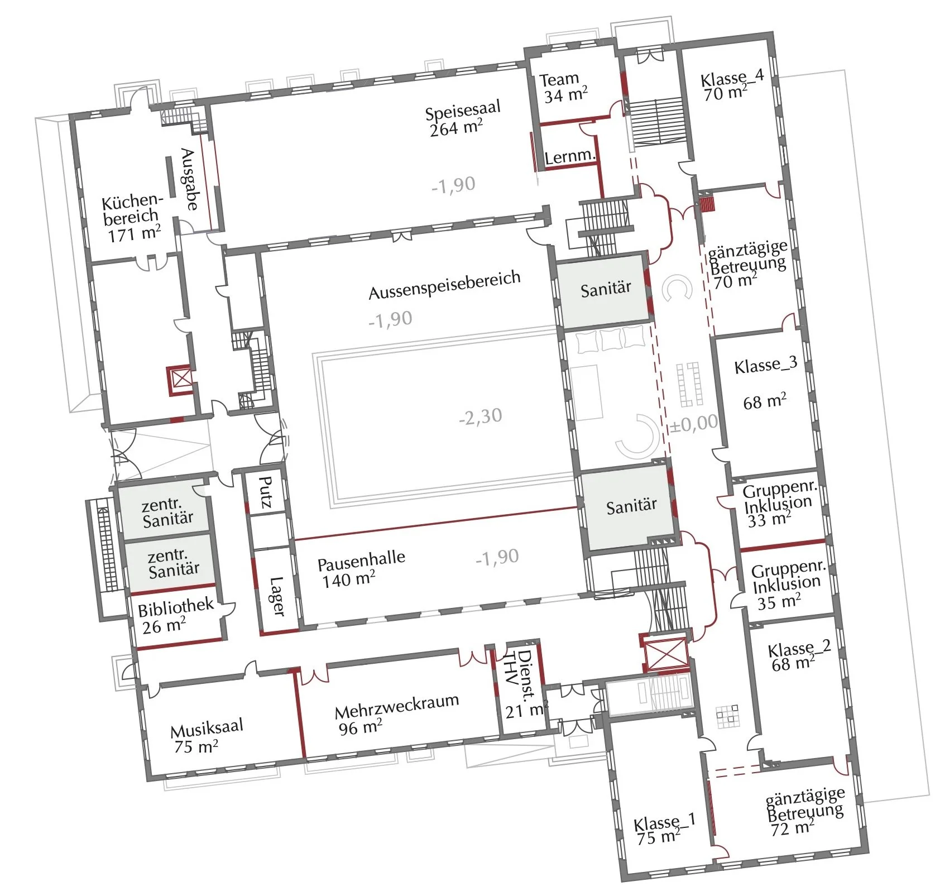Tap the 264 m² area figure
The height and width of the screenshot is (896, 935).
pyautogui.click(x=456, y=128)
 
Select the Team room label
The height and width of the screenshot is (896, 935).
pyautogui.click(x=559, y=80)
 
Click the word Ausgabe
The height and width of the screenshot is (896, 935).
pyautogui.click(x=189, y=179)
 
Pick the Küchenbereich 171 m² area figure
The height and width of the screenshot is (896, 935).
pyautogui.click(x=135, y=233)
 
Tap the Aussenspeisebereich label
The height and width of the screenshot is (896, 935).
pyautogui.click(x=444, y=285)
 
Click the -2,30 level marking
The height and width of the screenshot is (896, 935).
pyautogui.click(x=480, y=416)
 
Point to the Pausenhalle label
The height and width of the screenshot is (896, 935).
pyautogui.click(x=361, y=560)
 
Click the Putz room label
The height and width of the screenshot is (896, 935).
pyautogui.click(x=266, y=492)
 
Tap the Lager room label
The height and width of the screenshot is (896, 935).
pyautogui.click(x=277, y=596)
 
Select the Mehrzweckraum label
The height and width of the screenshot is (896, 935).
pyautogui.click(x=397, y=706)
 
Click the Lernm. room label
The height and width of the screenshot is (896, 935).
pyautogui.click(x=569, y=156)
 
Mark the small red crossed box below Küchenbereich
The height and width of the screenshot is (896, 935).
pyautogui.click(x=180, y=380)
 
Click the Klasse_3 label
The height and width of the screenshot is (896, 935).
pyautogui.click(x=765, y=366)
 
